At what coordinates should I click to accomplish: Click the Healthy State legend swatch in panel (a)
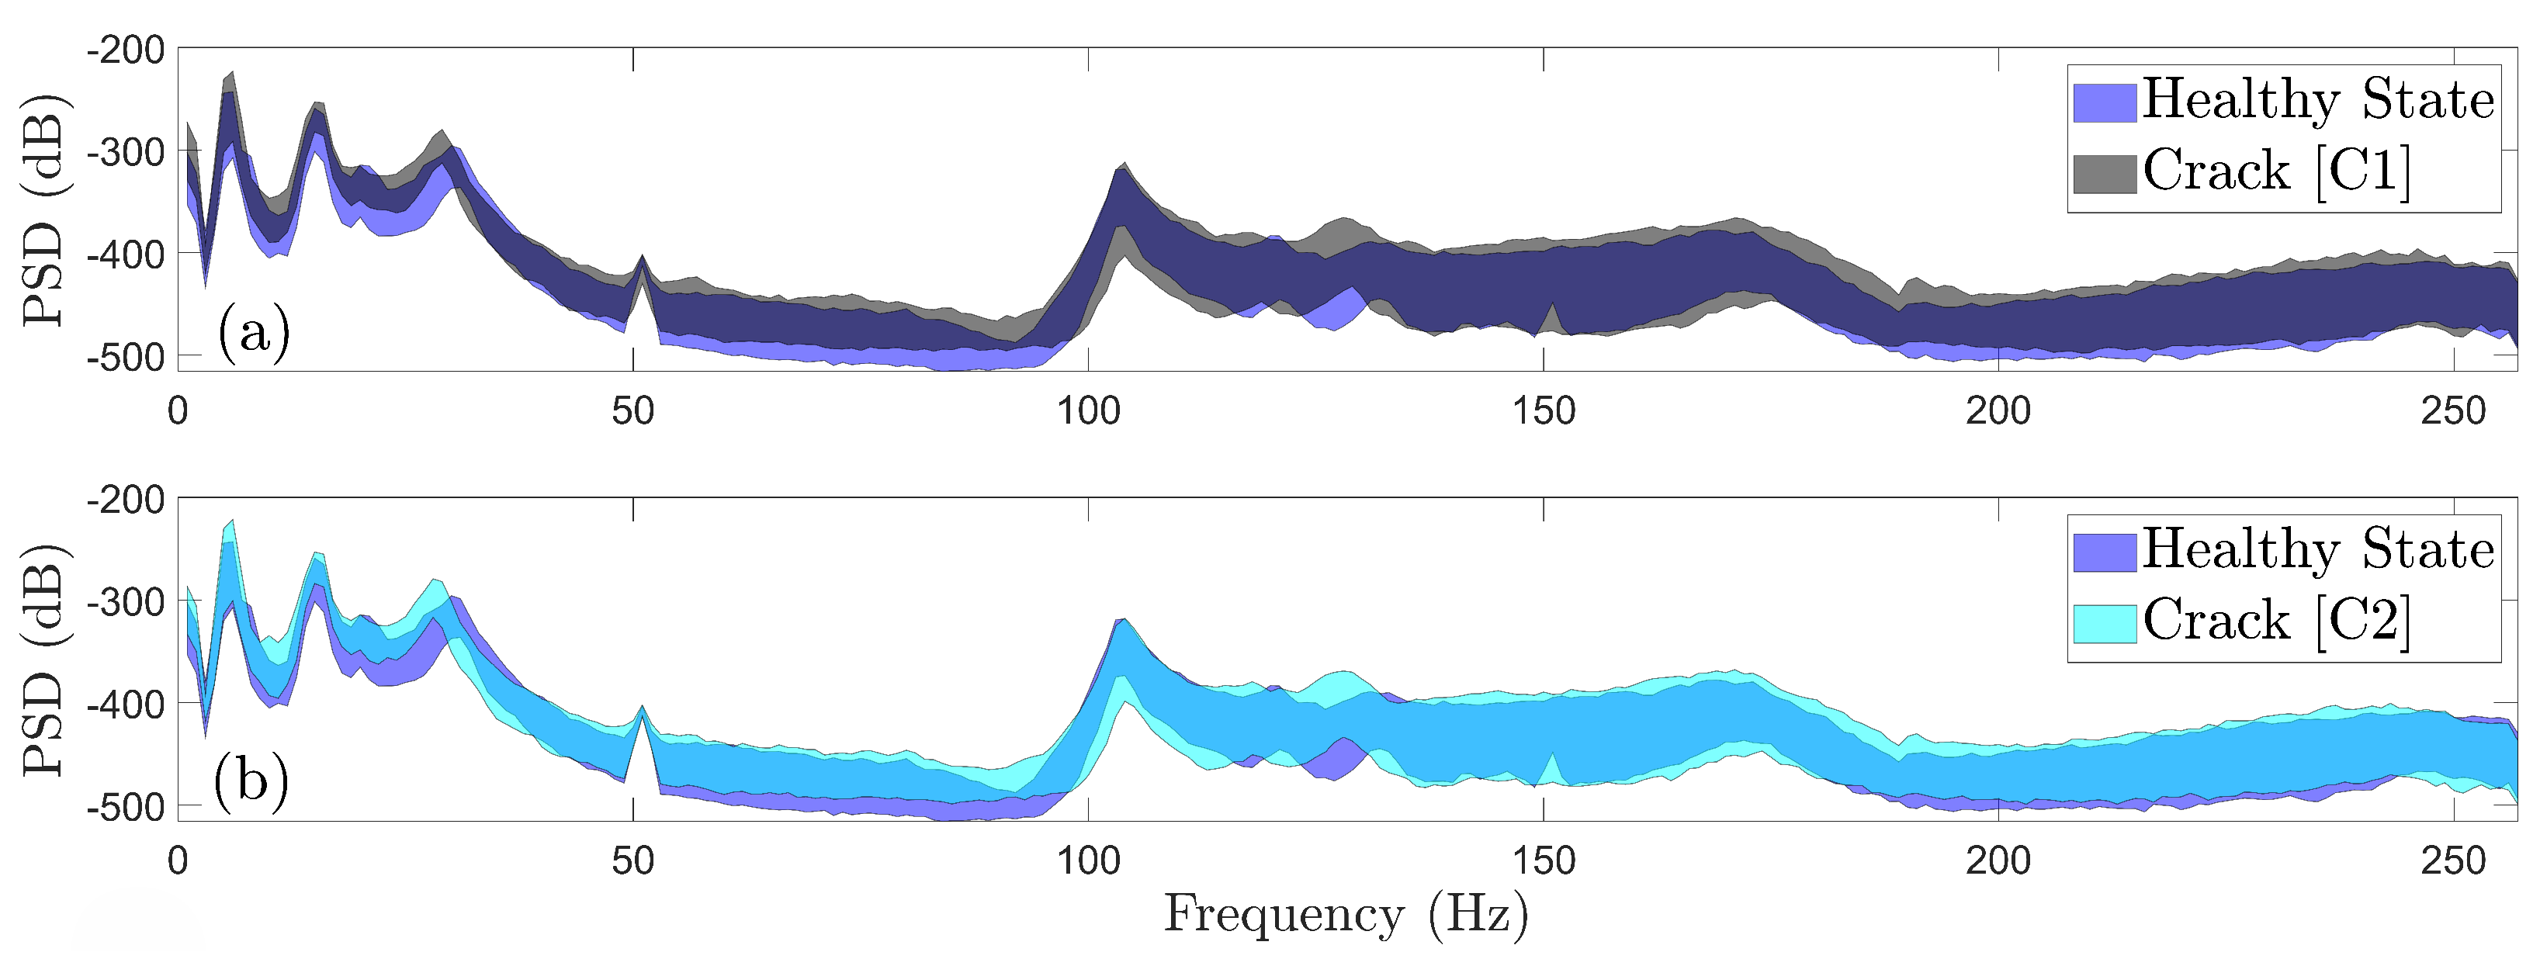point(2104,102)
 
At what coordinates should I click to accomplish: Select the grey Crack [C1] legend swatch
point(2104,174)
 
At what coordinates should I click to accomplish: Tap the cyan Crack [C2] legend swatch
point(2104,623)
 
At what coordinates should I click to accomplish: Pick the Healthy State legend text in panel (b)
point(2318,550)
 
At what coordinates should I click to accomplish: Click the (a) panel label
point(254,333)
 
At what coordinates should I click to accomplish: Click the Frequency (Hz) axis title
point(1346,915)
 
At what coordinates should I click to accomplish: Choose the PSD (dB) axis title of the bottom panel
point(43,660)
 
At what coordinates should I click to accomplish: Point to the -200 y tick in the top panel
point(125,50)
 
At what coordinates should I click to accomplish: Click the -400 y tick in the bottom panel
point(125,704)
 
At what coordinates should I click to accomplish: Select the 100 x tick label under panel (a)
point(1089,411)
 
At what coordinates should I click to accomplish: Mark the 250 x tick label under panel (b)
point(2453,861)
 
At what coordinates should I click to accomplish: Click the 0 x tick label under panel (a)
point(178,411)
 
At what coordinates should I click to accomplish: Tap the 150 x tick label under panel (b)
point(1543,861)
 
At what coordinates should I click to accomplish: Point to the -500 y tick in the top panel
point(125,357)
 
